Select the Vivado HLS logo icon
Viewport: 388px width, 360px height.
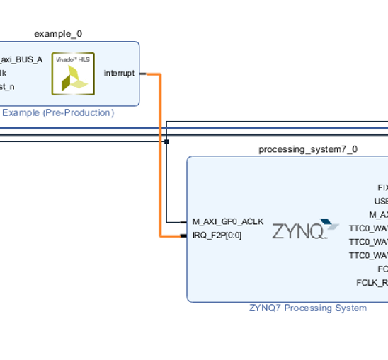pos(73,73)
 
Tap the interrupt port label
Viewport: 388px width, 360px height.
pos(119,74)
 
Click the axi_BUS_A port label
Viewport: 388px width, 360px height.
pos(21,59)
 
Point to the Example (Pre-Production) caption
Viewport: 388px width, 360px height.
pos(58,112)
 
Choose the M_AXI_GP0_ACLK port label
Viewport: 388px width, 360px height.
pos(228,221)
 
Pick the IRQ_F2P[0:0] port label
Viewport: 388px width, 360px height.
pos(217,235)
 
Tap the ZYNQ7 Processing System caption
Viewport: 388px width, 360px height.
pos(308,308)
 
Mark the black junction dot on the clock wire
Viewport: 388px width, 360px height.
pos(166,141)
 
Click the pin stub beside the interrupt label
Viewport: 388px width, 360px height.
pos(142,74)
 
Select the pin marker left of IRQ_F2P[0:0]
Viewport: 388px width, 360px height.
pos(190,236)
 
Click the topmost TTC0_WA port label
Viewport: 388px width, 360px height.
pos(368,228)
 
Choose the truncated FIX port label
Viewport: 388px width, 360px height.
pos(382,188)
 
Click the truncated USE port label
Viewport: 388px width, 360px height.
pos(381,202)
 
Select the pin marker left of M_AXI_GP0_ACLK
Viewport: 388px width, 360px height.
pos(189,221)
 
